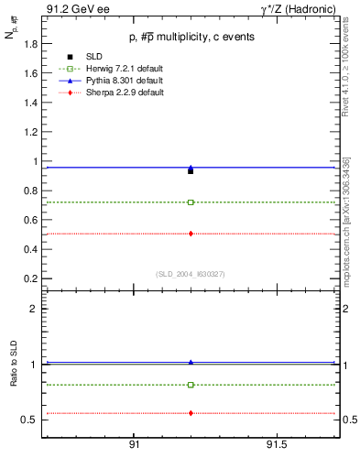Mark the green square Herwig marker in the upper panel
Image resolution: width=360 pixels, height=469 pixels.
pos(191,202)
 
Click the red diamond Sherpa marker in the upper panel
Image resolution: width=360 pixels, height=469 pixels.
pos(191,234)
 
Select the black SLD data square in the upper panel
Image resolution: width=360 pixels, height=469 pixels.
pos(191,171)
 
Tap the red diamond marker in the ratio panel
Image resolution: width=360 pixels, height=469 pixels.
pos(191,413)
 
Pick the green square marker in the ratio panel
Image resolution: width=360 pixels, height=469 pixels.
pos(191,385)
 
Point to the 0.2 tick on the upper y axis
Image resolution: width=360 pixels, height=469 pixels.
pos(31,278)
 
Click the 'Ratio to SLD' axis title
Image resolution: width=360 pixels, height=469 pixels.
pos(14,380)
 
